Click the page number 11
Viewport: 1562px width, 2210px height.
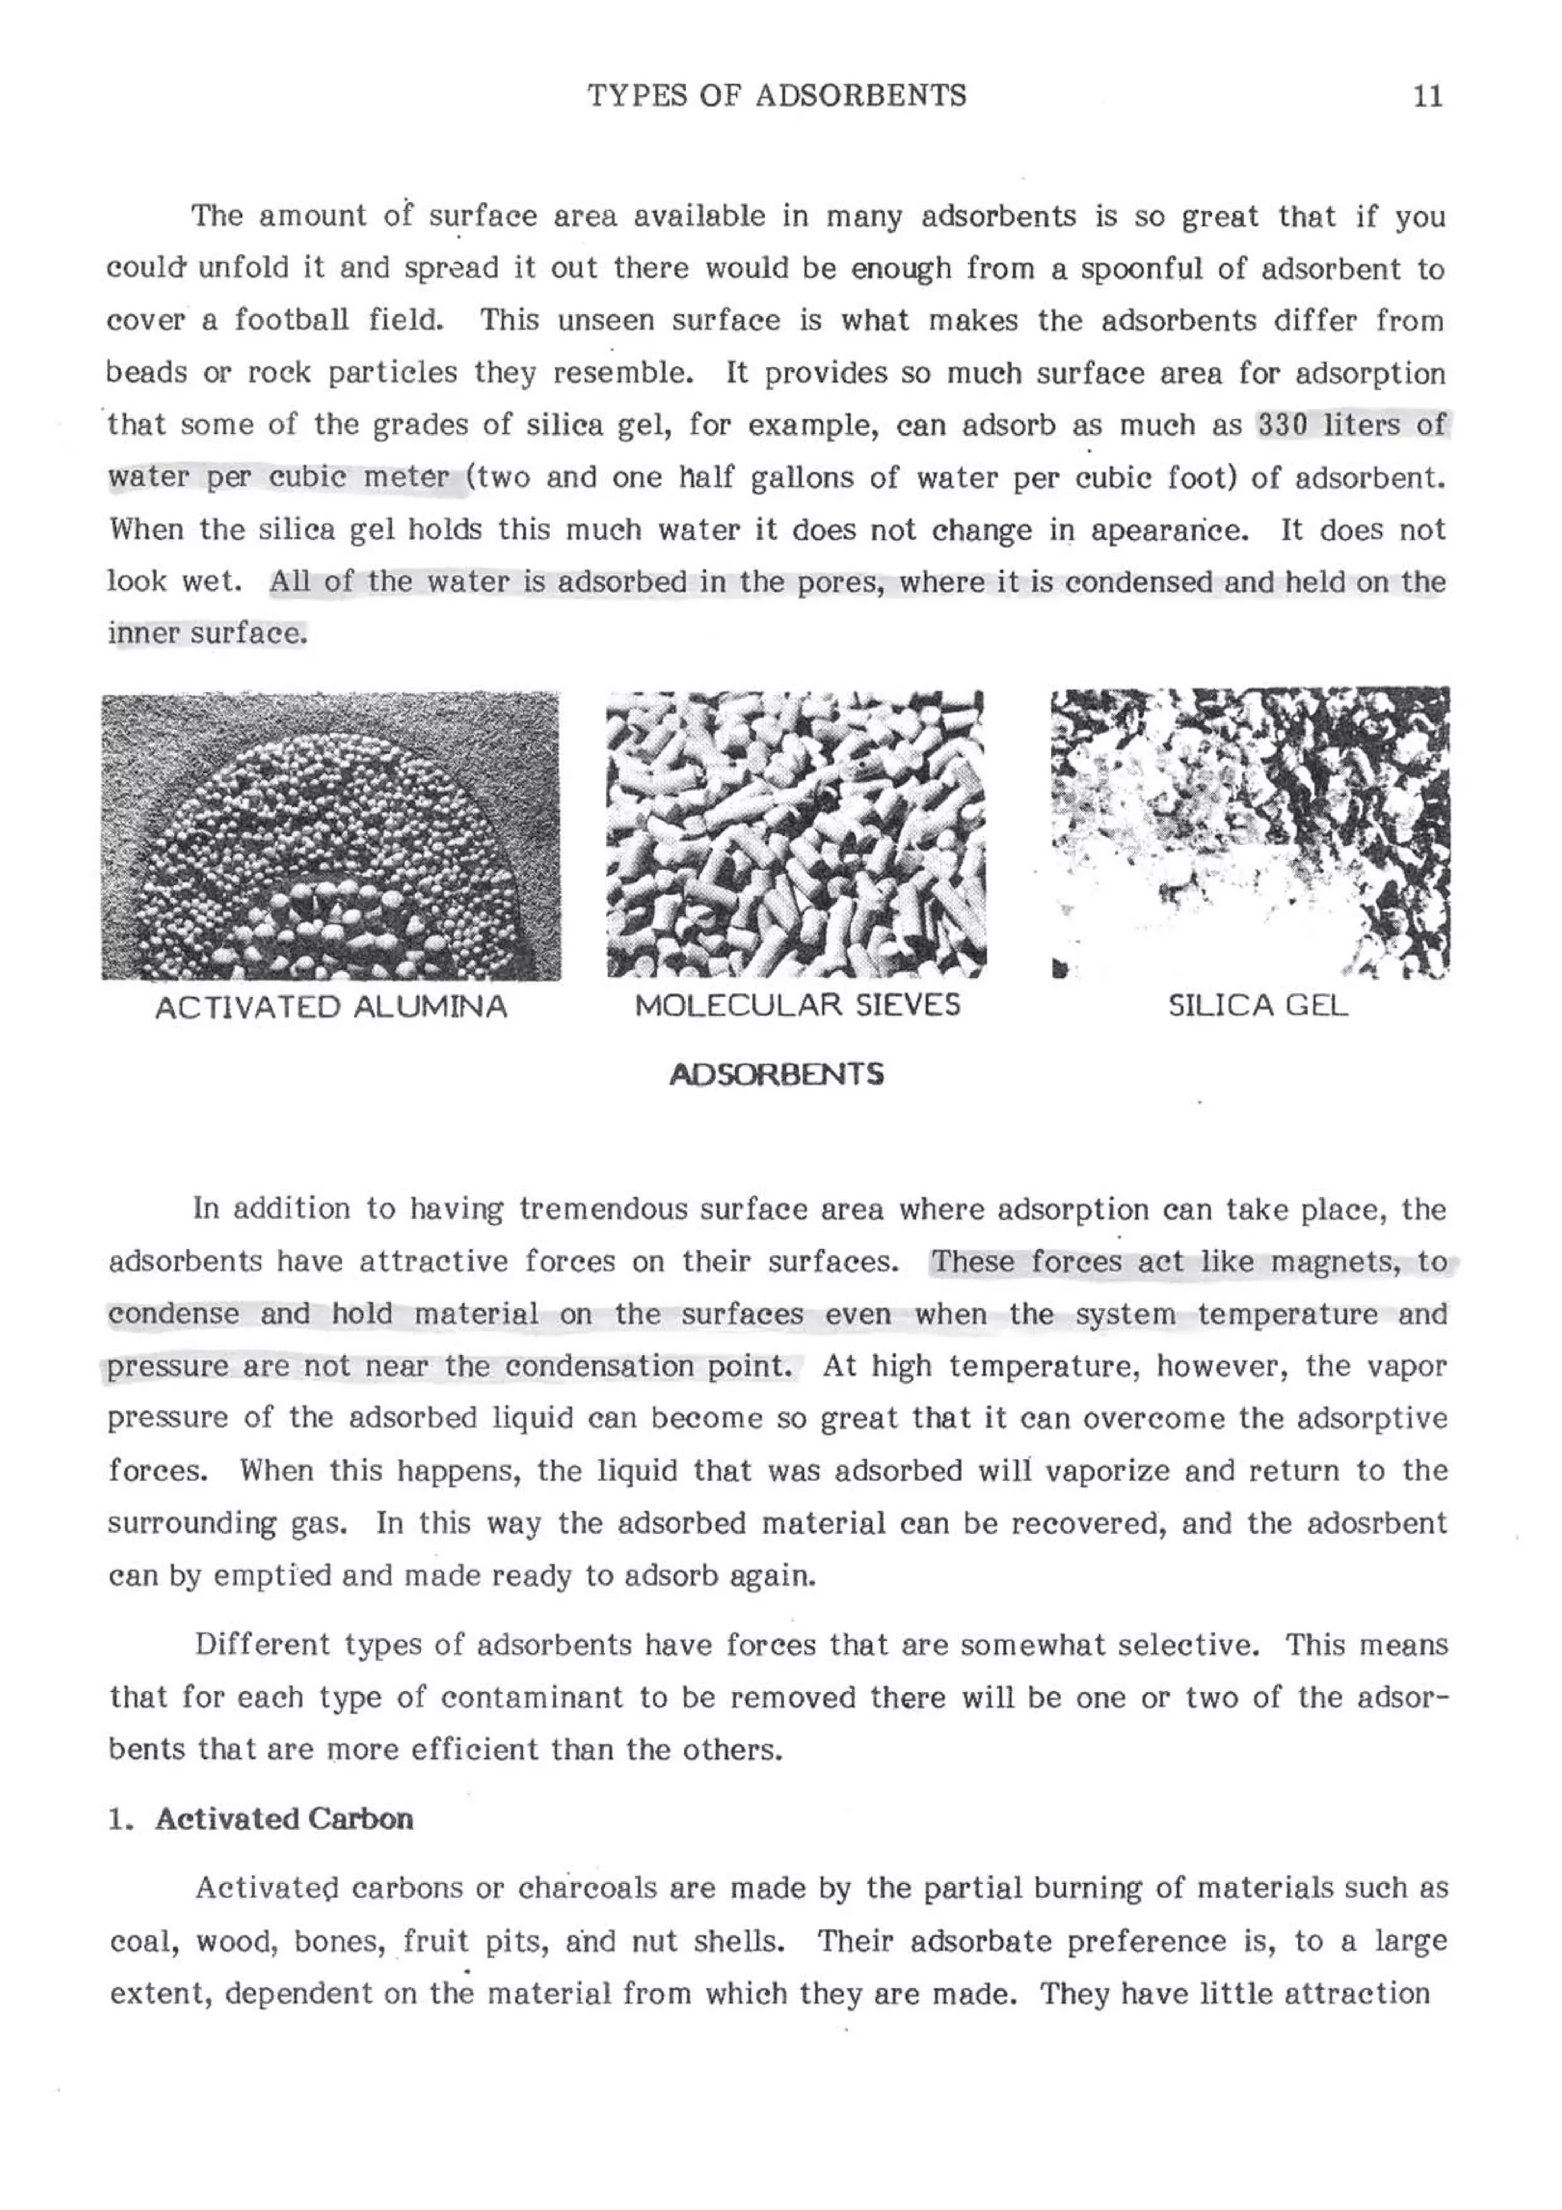click(1429, 96)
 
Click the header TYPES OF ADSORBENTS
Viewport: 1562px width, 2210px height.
click(776, 95)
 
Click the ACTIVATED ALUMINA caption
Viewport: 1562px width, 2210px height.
click(331, 1008)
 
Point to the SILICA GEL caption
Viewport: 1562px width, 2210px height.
click(1258, 1006)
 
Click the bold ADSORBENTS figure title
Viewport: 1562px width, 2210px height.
click(776, 1074)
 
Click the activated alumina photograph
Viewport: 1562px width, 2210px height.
click(331, 835)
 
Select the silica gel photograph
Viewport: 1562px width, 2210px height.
click(1250, 832)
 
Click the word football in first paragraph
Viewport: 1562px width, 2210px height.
click(293, 320)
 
